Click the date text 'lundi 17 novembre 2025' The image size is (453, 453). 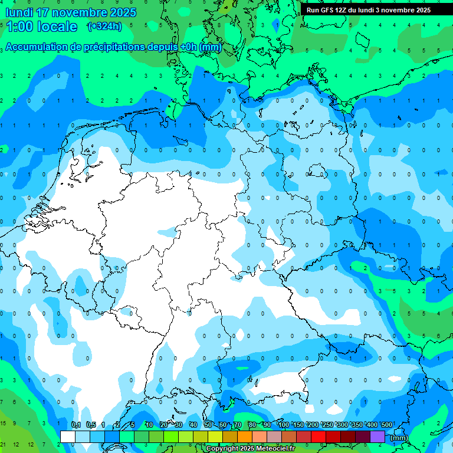[70, 12]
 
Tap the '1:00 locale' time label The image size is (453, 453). [41, 27]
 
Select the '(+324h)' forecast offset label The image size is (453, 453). [104, 27]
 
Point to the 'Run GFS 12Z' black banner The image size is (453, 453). [369, 10]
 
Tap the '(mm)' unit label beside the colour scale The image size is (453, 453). [399, 438]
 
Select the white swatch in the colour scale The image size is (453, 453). [68, 436]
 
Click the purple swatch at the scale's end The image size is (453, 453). [377, 436]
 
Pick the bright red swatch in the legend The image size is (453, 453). [319, 436]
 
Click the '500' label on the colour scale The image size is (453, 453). [387, 425]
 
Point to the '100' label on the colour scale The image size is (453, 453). [284, 425]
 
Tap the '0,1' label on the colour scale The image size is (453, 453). [76, 425]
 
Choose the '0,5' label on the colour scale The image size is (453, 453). [91, 425]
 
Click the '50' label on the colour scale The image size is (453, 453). [208, 425]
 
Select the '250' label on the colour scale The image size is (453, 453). [328, 425]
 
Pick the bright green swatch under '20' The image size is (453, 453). [171, 436]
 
